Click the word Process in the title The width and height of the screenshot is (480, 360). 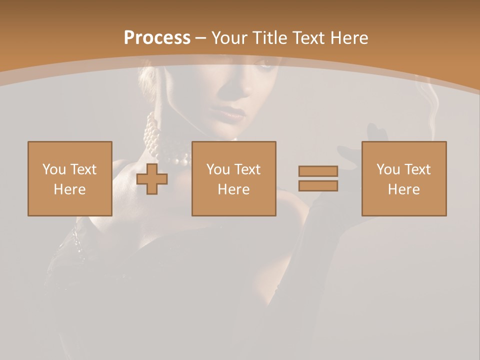click(157, 38)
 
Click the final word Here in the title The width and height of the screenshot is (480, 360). click(349, 38)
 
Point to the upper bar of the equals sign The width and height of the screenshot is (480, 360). click(318, 171)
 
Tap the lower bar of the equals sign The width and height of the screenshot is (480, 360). click(318, 186)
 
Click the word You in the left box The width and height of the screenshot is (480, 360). click(53, 169)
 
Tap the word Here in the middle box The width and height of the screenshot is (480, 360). click(233, 189)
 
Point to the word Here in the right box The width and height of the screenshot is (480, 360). click(403, 189)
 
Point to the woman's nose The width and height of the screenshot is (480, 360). click(244, 89)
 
